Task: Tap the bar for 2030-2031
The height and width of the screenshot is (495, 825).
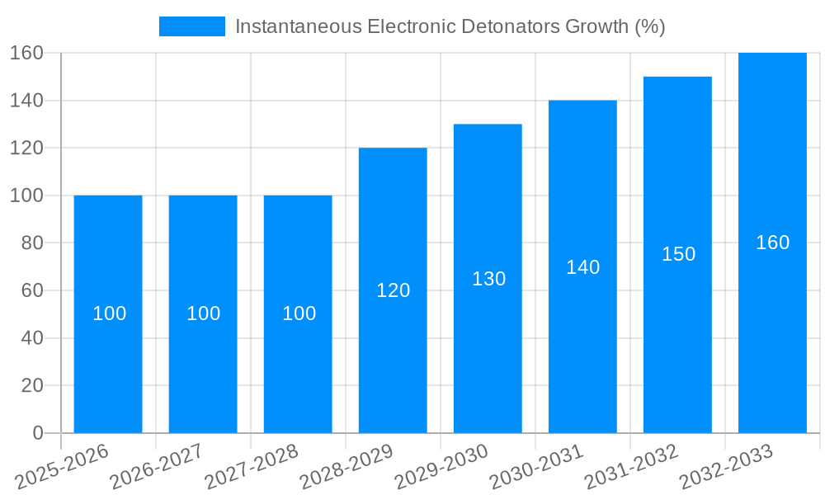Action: [x=582, y=346]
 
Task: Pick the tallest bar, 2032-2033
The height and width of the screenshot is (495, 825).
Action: [x=772, y=330]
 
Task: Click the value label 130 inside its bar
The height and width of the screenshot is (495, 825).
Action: [x=488, y=279]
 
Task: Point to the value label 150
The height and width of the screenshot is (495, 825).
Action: [x=678, y=254]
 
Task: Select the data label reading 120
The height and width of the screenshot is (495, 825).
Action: [x=393, y=290]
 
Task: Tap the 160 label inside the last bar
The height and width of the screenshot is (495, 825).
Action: [x=772, y=243]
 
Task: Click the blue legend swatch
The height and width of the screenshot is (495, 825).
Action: [x=191, y=26]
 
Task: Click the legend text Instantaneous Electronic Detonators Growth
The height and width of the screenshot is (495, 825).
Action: [x=450, y=26]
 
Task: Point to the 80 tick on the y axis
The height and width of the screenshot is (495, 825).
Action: [x=31, y=243]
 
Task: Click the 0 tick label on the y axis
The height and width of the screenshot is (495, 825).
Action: [x=37, y=433]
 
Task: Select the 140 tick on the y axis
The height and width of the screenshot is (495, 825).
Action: [x=26, y=101]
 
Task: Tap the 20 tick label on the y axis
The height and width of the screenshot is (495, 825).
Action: [x=31, y=385]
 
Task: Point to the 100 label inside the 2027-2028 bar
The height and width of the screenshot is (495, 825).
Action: [x=299, y=313]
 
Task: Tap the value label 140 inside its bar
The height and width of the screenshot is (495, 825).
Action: [x=582, y=267]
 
